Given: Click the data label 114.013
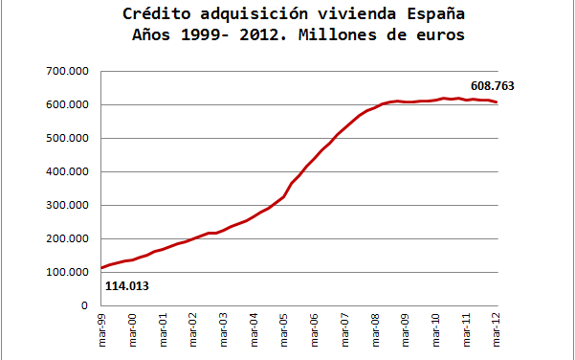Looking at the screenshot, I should point(125,285).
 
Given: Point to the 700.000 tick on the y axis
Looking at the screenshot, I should point(67,72).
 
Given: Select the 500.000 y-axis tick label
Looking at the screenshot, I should point(67,139).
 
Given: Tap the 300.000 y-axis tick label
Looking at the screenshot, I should point(67,206).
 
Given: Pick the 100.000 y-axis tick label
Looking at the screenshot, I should point(67,273).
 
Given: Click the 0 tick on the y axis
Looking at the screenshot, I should point(84,306).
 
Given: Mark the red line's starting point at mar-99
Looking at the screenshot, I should point(101,268).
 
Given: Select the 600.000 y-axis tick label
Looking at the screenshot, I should point(67,105).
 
